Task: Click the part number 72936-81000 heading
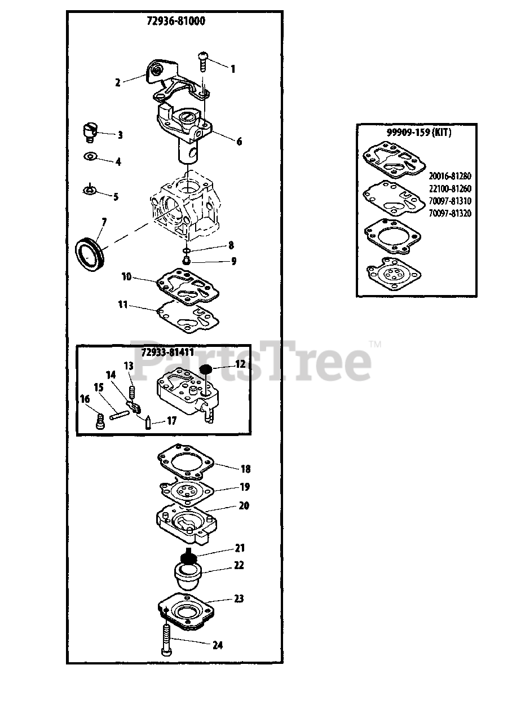176,21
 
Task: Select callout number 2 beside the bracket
118,82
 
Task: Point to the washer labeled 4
90,157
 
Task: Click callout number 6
239,142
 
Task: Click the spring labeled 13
131,392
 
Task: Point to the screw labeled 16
101,422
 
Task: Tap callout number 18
245,469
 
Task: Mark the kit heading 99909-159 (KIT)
419,132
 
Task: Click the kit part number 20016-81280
450,176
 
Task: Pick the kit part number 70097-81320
450,213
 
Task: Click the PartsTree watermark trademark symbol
375,345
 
